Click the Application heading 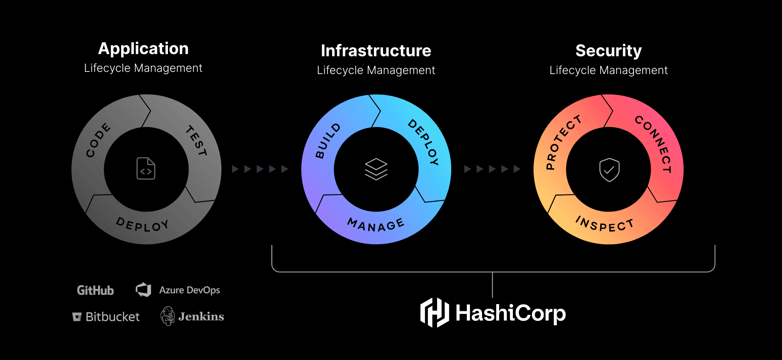click(x=143, y=49)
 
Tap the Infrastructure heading click(x=376, y=51)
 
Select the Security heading click(x=608, y=51)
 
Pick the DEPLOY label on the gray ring click(x=143, y=225)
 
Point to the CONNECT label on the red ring click(x=654, y=144)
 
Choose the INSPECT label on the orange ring click(x=605, y=224)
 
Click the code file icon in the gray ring click(x=146, y=169)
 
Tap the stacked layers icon click(x=376, y=169)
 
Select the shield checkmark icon click(x=609, y=170)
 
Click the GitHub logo click(x=95, y=290)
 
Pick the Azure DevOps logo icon click(x=144, y=290)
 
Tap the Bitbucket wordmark click(x=112, y=317)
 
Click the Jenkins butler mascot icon click(x=168, y=316)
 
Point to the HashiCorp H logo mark click(x=435, y=313)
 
